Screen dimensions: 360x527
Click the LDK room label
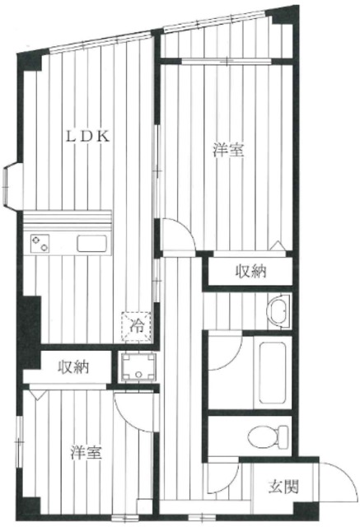[x=87, y=137]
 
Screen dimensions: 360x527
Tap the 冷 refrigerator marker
[x=137, y=326]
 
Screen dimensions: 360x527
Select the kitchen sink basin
[x=91, y=244]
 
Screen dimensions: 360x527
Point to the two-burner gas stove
[x=40, y=244]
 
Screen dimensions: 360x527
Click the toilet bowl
[x=269, y=436]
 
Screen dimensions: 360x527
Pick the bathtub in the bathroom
[x=273, y=372]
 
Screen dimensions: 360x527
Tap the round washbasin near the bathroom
[x=278, y=311]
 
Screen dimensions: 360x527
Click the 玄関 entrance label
[x=283, y=486]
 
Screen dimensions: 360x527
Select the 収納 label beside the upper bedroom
[x=250, y=271]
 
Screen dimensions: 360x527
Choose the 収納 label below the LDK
[x=73, y=366]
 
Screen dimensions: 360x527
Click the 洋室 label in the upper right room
[x=228, y=150]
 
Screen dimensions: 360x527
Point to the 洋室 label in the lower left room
[x=86, y=453]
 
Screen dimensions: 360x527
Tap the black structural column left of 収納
[x=30, y=330]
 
